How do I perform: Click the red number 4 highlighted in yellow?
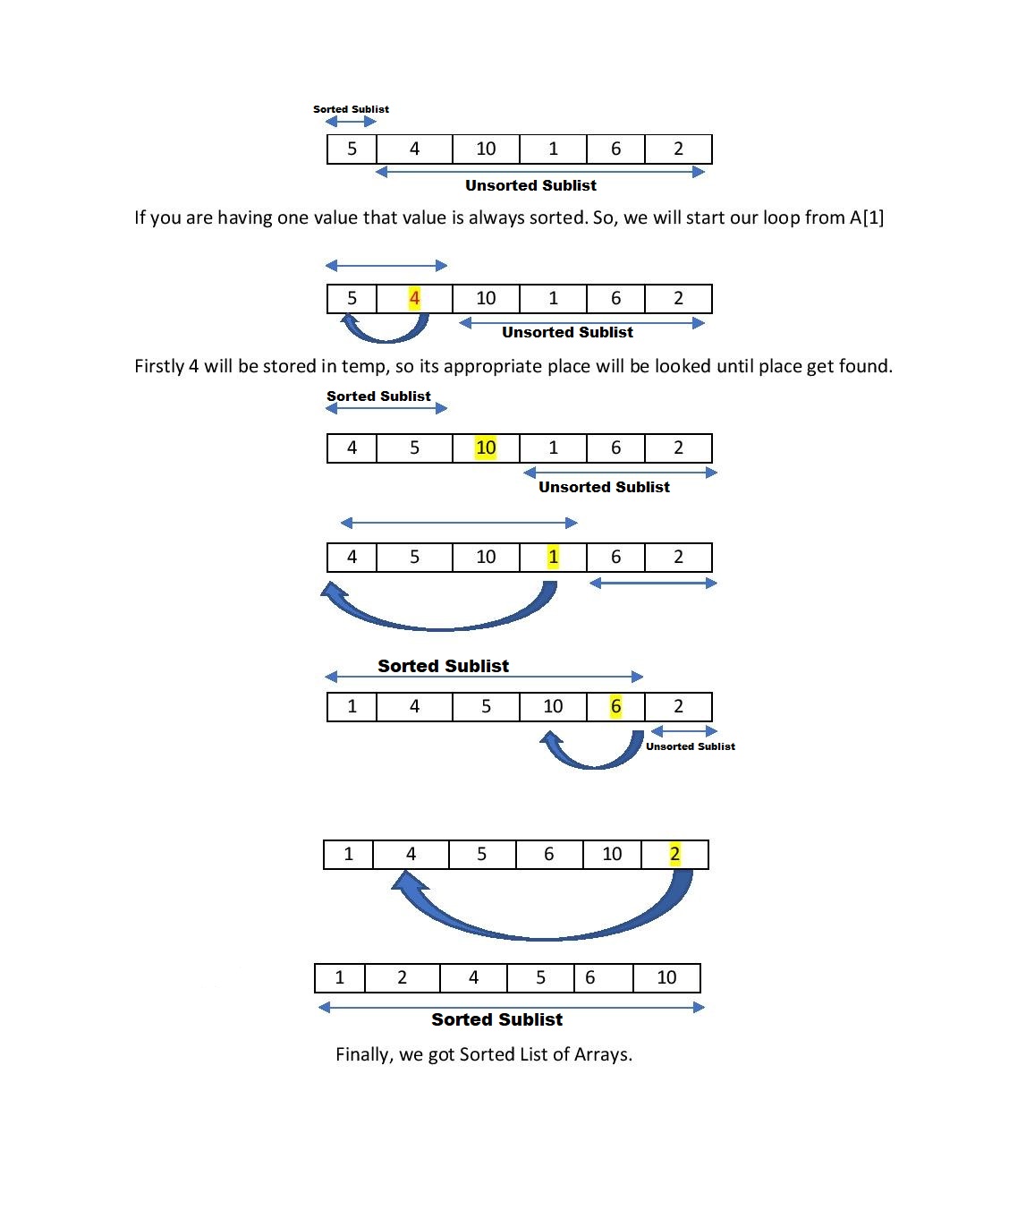[414, 298]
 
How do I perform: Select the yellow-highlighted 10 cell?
[486, 448]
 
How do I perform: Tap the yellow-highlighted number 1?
[553, 557]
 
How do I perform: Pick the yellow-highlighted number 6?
[615, 706]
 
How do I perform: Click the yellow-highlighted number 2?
[674, 854]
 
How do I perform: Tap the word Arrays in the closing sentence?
[603, 1054]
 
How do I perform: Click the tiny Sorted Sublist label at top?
[351, 109]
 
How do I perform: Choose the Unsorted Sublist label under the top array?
[530, 185]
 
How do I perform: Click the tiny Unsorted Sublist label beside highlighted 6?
[690, 746]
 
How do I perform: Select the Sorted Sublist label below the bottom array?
[496, 1019]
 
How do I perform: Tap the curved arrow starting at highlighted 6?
[590, 759]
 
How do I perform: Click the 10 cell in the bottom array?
[666, 977]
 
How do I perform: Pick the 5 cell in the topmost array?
[352, 149]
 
